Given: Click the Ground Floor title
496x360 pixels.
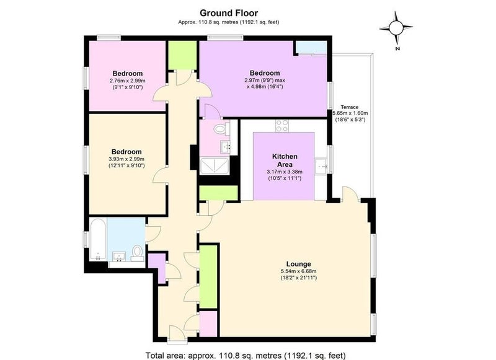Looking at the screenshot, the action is point(229,13).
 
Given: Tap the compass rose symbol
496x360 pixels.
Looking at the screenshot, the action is point(396,28).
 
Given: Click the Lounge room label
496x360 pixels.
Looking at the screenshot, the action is point(299,264).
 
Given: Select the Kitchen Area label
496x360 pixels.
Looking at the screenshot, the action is point(285,160).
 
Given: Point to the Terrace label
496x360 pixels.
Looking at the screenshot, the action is point(350,107).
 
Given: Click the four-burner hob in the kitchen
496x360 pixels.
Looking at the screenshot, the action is point(282,126).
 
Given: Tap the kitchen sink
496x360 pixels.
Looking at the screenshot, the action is point(321,165).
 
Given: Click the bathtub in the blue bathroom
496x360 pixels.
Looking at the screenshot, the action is point(98,239).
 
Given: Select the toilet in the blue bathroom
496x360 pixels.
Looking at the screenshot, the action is point(137,253).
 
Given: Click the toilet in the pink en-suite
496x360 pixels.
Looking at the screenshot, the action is point(221,129).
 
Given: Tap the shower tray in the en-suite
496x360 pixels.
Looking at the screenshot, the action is point(215,166).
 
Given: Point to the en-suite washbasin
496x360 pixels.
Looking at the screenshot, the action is point(226,146).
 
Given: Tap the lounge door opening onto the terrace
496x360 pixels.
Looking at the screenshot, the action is point(350,194).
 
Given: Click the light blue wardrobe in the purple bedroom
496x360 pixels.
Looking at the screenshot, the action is point(312,48).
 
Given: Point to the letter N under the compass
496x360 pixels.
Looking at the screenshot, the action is point(397,49).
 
